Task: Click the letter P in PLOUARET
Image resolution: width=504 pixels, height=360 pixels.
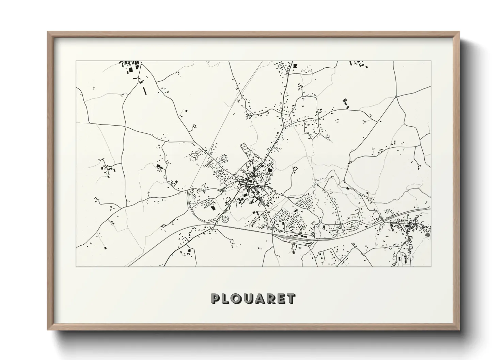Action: pos(216,299)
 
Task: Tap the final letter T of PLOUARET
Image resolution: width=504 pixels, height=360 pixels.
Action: pos(292,299)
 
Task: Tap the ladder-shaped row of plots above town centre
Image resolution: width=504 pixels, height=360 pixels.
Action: pos(245,149)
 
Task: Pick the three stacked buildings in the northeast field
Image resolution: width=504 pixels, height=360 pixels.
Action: pos(346,103)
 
